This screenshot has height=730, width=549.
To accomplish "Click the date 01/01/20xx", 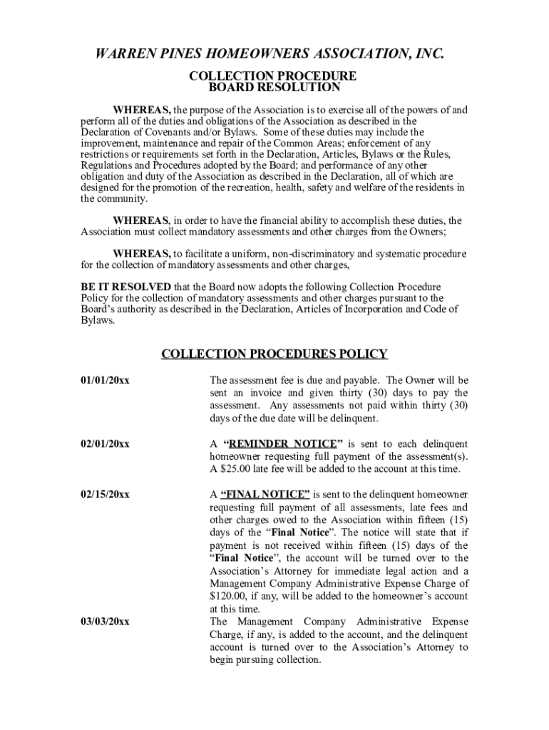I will [x=105, y=380].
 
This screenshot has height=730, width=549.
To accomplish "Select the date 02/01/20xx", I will [x=105, y=443].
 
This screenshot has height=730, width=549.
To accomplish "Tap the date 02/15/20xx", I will [x=105, y=494].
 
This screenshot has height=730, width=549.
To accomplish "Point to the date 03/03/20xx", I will [x=105, y=622].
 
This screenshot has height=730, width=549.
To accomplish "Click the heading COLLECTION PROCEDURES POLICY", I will [x=274, y=354].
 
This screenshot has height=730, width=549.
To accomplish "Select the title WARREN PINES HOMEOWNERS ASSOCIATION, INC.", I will [x=274, y=54].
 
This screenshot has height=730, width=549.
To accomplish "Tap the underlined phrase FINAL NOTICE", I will [x=265, y=494].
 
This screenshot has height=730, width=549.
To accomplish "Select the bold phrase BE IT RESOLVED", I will [x=125, y=287].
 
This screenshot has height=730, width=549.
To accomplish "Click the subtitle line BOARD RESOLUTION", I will [x=274, y=88].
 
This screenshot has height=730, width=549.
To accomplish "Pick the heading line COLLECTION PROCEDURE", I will [x=272, y=76].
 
